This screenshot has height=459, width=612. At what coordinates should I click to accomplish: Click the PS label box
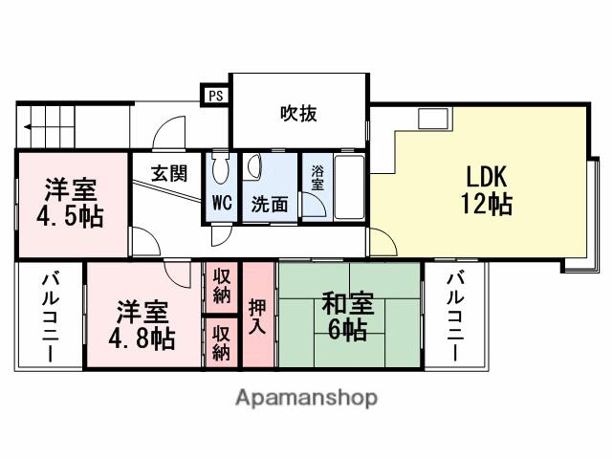(x=215, y=95)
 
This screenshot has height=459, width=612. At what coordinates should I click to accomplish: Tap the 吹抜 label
(x=298, y=114)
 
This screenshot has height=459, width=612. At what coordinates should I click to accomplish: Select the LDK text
(x=491, y=177)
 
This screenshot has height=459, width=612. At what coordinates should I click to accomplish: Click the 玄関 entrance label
(x=168, y=174)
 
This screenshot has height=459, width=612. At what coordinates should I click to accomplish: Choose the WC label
(x=221, y=203)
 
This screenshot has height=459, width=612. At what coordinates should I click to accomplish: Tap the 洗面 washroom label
(x=270, y=204)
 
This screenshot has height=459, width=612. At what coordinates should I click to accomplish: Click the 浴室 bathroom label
(x=317, y=179)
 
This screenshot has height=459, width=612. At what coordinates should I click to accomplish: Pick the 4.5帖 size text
(x=70, y=215)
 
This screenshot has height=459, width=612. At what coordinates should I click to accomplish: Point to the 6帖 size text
(x=348, y=331)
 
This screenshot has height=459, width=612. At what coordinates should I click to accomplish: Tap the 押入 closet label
(x=258, y=316)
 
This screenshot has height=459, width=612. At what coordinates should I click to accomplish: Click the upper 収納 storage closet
(x=221, y=286)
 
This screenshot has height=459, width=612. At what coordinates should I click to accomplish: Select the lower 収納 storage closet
(x=221, y=342)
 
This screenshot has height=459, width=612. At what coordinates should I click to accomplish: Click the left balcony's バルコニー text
(x=48, y=317)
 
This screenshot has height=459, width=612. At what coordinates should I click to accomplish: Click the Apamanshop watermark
(x=306, y=397)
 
